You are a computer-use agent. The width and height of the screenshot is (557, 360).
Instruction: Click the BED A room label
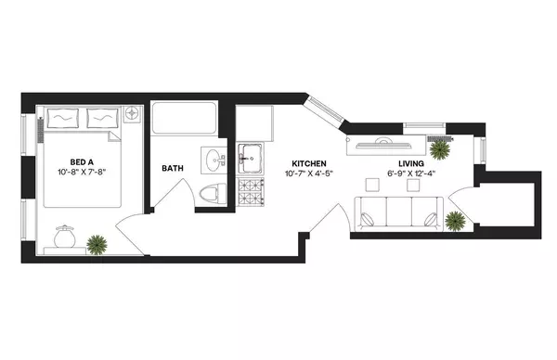pos(76,159)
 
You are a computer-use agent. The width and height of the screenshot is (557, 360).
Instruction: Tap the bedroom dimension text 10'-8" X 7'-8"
pos(76,172)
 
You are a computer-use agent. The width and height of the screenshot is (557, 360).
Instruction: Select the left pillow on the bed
pos(63,118)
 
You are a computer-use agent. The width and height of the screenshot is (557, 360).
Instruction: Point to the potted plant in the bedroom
pos(96,244)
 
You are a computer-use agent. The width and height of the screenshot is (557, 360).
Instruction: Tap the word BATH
pos(173,168)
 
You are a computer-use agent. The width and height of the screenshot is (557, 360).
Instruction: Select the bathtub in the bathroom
pos(186,121)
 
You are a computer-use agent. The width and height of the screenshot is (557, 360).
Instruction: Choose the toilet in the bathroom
pos(212,193)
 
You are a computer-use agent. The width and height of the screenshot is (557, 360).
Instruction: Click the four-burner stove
pos(251,191)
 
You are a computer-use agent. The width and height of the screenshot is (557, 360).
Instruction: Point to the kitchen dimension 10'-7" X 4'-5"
pos(306,174)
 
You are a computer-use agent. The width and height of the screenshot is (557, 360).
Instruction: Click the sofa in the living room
pos(398,215)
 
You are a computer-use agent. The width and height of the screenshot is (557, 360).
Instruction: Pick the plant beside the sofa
pos(455,220)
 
